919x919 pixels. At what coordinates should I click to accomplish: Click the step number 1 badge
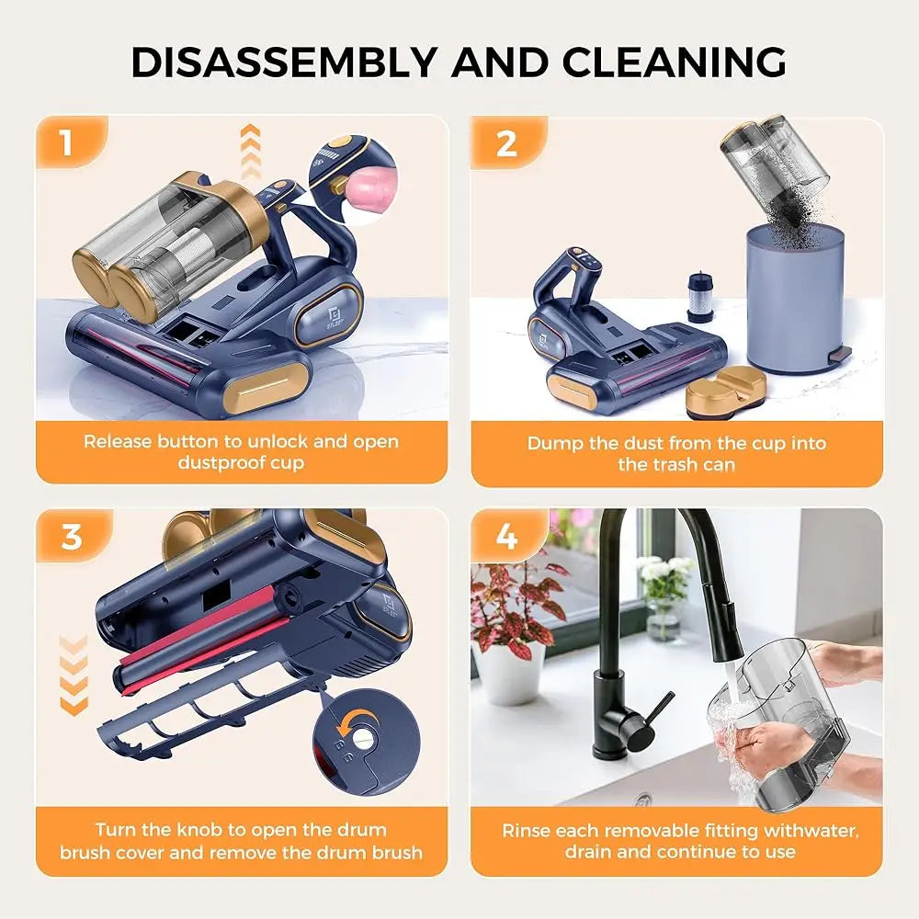[65, 143]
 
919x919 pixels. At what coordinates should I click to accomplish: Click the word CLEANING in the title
[675, 62]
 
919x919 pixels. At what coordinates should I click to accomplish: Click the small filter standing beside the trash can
[700, 295]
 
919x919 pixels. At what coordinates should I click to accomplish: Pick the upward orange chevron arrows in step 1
[250, 152]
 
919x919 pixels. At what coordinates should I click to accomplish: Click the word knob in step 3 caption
[209, 830]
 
